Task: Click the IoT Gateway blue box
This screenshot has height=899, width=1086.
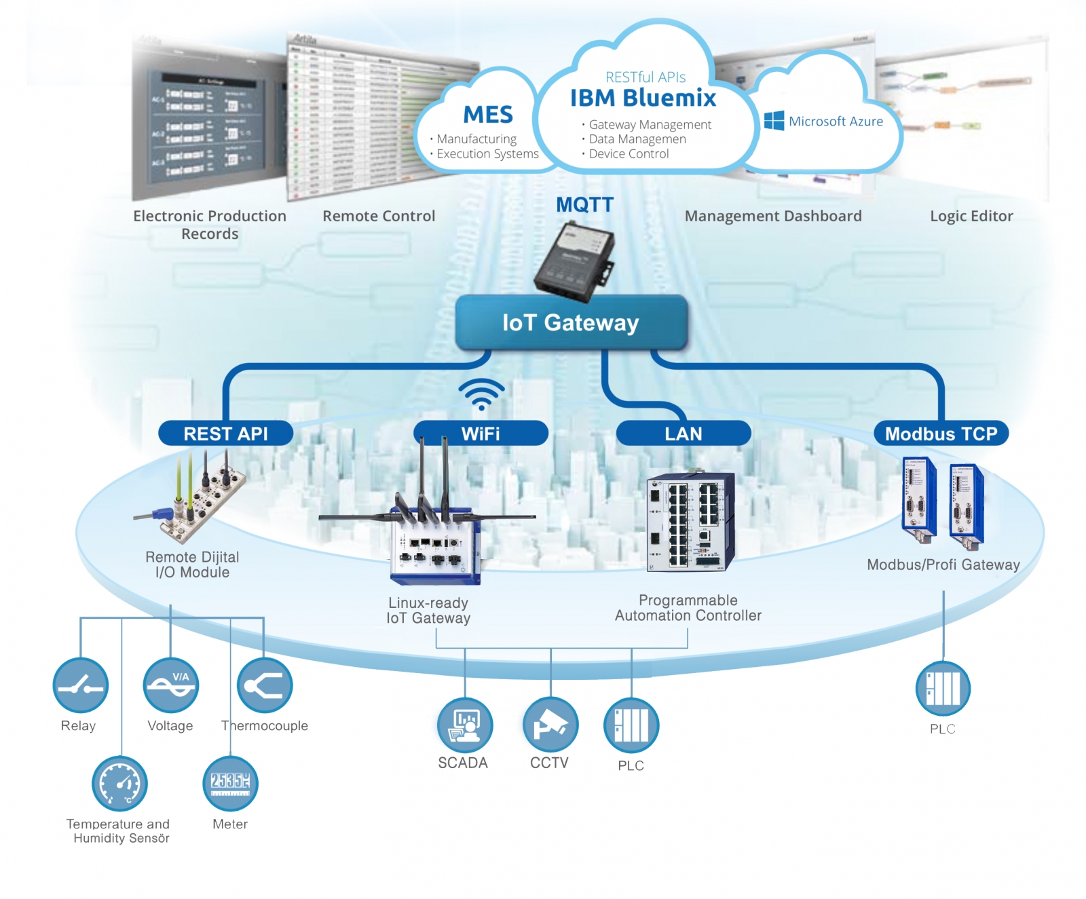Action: pos(571,323)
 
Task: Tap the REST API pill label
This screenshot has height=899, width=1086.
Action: pos(225,434)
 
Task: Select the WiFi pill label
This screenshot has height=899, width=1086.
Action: pos(481,434)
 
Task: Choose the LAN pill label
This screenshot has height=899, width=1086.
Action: pos(683,434)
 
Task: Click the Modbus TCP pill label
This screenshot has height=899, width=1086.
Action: pos(941,434)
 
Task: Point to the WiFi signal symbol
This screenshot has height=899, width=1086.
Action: pos(481,394)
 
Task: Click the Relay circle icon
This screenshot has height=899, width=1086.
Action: pos(80,686)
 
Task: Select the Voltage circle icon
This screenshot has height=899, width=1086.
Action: pos(170,686)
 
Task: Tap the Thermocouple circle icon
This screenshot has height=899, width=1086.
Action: pos(264,686)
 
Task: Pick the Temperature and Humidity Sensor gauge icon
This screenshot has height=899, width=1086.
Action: pos(119,784)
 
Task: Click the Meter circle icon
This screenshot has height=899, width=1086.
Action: pos(230,783)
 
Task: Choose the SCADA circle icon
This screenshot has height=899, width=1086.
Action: pos(464,725)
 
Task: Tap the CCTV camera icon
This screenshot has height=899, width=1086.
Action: pos(550,725)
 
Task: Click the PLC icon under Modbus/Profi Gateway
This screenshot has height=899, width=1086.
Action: pos(943,689)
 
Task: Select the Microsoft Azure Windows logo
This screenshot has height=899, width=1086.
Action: pos(774,121)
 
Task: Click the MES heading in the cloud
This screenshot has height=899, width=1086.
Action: pos(488,115)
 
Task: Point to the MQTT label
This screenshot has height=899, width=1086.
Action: pos(584,205)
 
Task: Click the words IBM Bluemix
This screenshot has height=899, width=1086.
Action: pos(643,98)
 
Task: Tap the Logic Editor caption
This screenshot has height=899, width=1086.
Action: pos(971,216)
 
